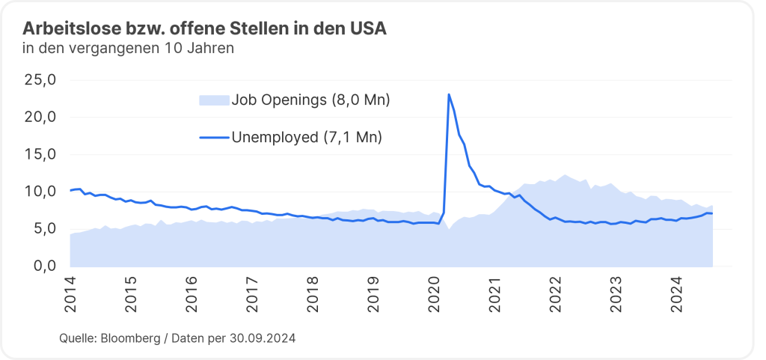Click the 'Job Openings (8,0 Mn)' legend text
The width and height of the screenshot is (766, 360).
[x=310, y=100]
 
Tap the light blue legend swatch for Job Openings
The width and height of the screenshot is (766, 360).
[x=213, y=100]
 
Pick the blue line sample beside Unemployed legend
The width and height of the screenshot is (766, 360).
[x=213, y=138]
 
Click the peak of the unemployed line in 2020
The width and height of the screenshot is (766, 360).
[x=448, y=94]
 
